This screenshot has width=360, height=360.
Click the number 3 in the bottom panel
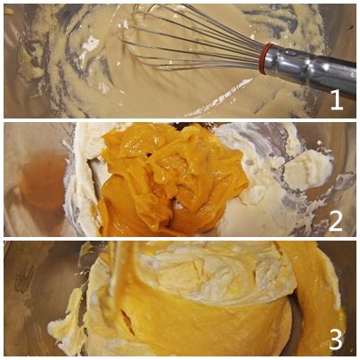pos(336,338)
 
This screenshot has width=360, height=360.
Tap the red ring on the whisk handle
pos(265,59)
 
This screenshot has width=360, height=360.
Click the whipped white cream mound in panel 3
pos(208,274)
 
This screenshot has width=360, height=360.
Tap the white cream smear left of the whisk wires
pos(90,44)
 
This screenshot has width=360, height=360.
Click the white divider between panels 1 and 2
pos(180,120)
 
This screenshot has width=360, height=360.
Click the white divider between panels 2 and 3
pos(180,239)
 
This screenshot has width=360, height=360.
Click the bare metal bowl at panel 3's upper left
pos(38,267)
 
